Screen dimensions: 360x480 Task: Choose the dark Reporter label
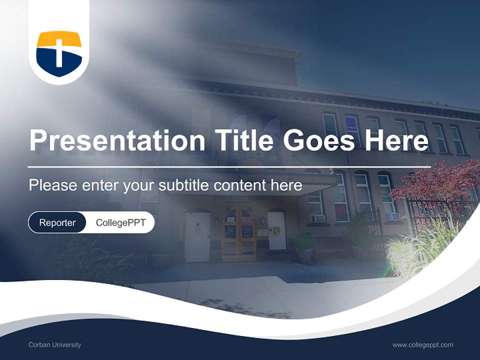tap(57, 222)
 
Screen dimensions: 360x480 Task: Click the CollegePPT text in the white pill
tap(120, 222)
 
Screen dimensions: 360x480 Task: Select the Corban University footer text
tap(55, 344)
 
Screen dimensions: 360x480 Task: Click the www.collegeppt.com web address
tap(422, 344)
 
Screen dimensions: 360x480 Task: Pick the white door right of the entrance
tap(276, 230)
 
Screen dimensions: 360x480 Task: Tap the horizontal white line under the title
tap(229, 166)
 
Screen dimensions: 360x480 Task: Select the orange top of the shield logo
tap(59, 38)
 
